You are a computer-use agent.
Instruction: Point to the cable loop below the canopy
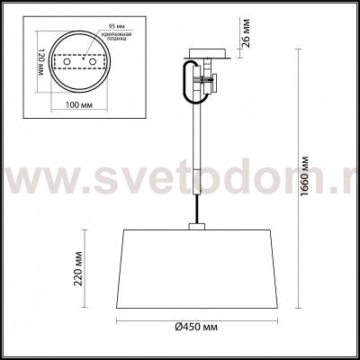[x=189, y=84]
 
